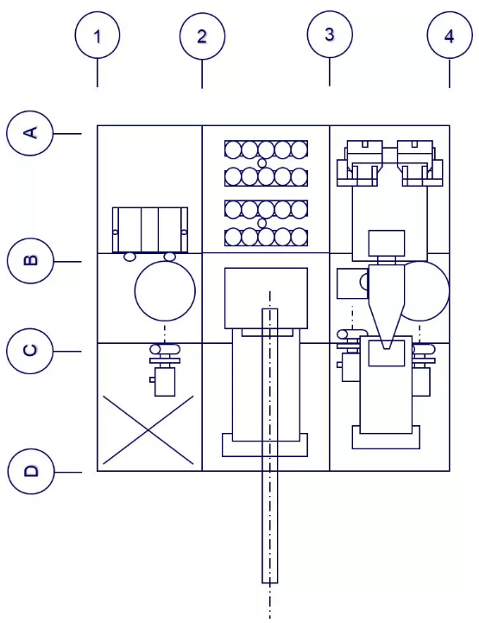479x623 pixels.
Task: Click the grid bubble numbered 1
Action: coord(98,35)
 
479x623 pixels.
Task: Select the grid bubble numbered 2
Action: coord(202,35)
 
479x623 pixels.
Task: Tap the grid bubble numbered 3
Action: coord(330,34)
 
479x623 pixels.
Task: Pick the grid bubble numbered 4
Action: coord(450,35)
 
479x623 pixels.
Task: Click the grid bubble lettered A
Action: coord(29,133)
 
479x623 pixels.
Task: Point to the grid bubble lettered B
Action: coord(29,261)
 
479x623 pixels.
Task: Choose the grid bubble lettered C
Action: coord(29,351)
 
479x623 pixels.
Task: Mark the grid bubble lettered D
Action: coord(29,471)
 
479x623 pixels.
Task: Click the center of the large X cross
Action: coord(148,430)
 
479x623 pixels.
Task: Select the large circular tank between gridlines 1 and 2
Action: coord(165,290)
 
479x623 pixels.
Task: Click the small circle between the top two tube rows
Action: coord(262,163)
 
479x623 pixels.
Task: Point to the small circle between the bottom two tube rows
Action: coord(262,224)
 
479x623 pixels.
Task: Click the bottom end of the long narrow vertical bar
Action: coord(270,582)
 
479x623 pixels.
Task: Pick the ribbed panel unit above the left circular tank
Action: coord(150,230)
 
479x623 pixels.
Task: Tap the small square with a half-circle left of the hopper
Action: coord(352,283)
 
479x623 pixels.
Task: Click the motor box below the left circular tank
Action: coord(164,382)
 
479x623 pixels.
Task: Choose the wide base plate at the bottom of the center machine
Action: coord(265,445)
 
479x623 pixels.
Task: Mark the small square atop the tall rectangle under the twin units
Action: coord(387,243)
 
